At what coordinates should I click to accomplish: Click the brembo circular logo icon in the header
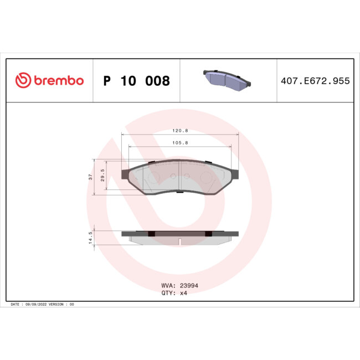pos(23,81)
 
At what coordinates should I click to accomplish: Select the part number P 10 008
pos(136,81)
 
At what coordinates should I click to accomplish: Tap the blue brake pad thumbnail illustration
pos(227,80)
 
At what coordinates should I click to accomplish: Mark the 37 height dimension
pos(90,177)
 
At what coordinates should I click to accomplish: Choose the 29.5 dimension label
pos(102,176)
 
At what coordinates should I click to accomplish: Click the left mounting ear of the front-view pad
pos(125,174)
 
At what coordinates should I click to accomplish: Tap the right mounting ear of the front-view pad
pos(235,174)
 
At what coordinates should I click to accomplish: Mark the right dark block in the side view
pos(208,234)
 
